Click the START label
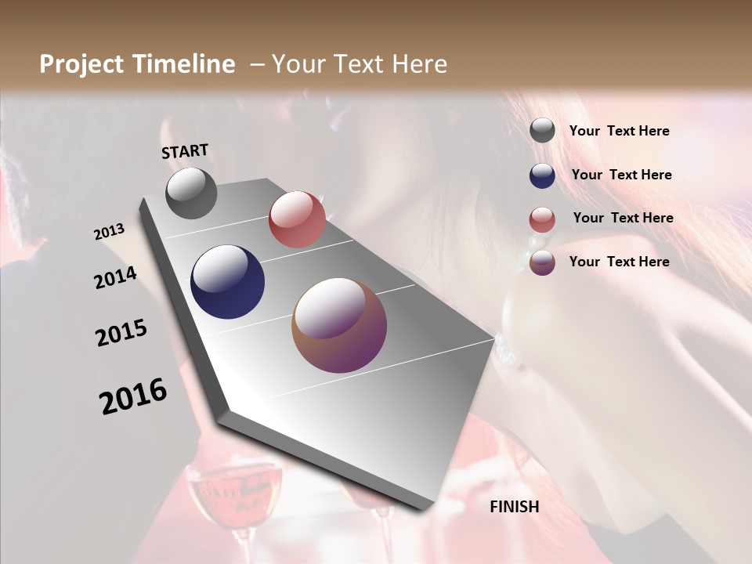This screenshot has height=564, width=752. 185,150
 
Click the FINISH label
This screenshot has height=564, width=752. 515,507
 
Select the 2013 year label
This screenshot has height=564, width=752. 110,232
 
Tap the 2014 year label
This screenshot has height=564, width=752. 116,277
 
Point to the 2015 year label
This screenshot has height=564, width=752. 121,332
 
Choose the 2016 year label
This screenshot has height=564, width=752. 133,396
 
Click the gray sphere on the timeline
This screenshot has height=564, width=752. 191,193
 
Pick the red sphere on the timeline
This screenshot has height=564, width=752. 297,219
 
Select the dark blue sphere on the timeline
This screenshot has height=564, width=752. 227,282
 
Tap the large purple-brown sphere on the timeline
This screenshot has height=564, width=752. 339,325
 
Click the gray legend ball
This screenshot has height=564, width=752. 542,131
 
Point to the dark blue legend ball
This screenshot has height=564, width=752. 542,175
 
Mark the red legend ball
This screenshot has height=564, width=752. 542,219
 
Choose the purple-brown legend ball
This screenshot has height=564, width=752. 542,262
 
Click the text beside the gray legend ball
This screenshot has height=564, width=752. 619,131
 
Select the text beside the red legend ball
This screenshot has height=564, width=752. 623,218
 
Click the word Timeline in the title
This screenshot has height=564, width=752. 179,64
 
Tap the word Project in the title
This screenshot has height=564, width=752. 81,64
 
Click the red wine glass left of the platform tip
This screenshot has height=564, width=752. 235,493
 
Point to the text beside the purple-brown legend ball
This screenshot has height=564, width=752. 619,262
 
